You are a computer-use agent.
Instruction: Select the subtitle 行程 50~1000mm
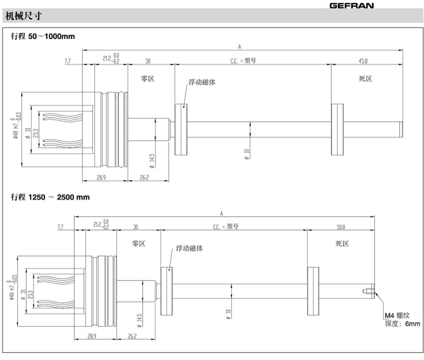(x=43, y=36)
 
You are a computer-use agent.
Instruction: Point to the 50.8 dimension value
(x=342, y=227)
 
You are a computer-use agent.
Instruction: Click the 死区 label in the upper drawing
(x=366, y=79)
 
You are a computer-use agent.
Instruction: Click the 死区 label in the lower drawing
(x=342, y=244)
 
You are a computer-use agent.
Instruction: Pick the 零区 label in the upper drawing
(x=147, y=79)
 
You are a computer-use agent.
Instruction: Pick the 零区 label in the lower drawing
(x=138, y=244)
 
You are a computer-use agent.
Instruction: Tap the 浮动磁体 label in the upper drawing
(x=202, y=82)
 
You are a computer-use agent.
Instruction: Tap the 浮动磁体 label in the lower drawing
(x=189, y=248)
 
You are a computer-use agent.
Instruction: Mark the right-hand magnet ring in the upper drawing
(x=337, y=130)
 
